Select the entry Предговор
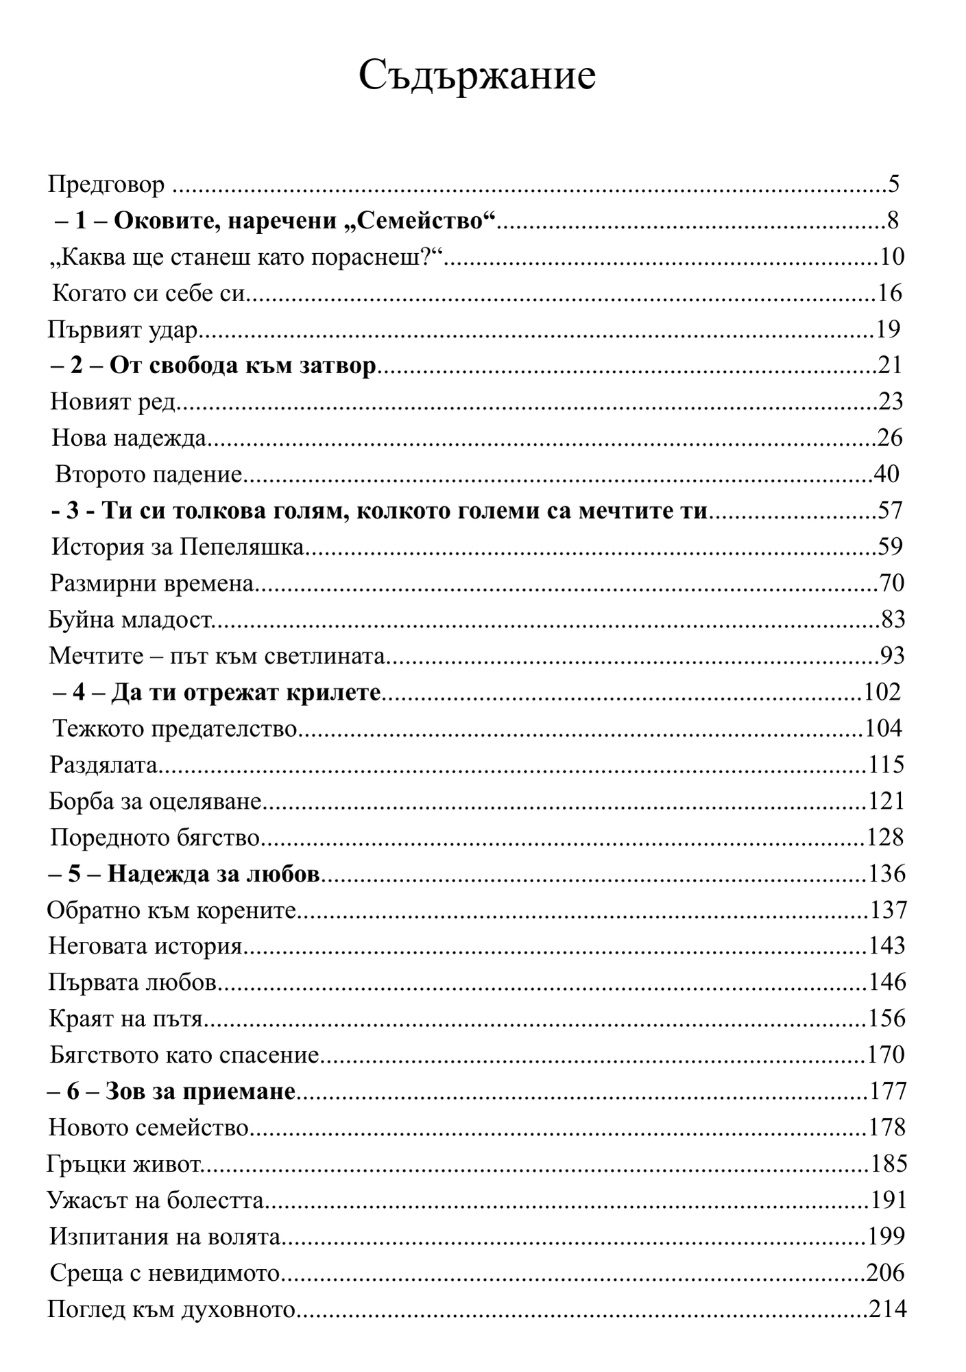click(x=106, y=185)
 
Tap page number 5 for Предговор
click(x=893, y=184)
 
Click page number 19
click(x=888, y=330)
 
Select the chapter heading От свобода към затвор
click(x=214, y=366)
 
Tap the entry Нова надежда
click(x=129, y=438)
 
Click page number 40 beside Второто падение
click(x=886, y=474)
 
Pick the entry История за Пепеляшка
click(x=178, y=547)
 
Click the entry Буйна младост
click(x=130, y=620)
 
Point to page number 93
click(x=891, y=657)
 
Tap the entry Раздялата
click(x=104, y=766)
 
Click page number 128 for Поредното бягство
click(x=884, y=838)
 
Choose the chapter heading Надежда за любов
click(x=185, y=875)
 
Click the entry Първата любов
click(x=133, y=984)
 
